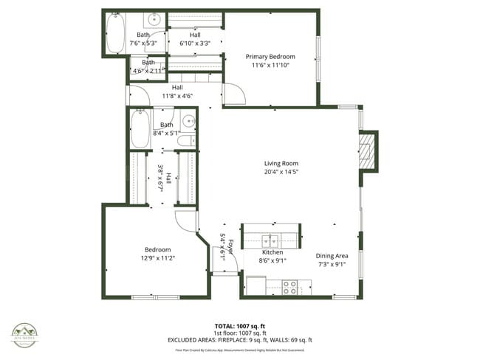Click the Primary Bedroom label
pyautogui.click(x=270, y=57)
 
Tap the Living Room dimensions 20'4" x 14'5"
pyautogui.click(x=281, y=172)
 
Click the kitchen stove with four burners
pyautogui.click(x=289, y=287)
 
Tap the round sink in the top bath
pyautogui.click(x=157, y=18)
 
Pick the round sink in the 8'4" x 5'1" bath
pyautogui.click(x=189, y=122)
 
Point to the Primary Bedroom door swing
pyautogui.click(x=233, y=94)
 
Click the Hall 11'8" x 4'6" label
pyautogui.click(x=176, y=91)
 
